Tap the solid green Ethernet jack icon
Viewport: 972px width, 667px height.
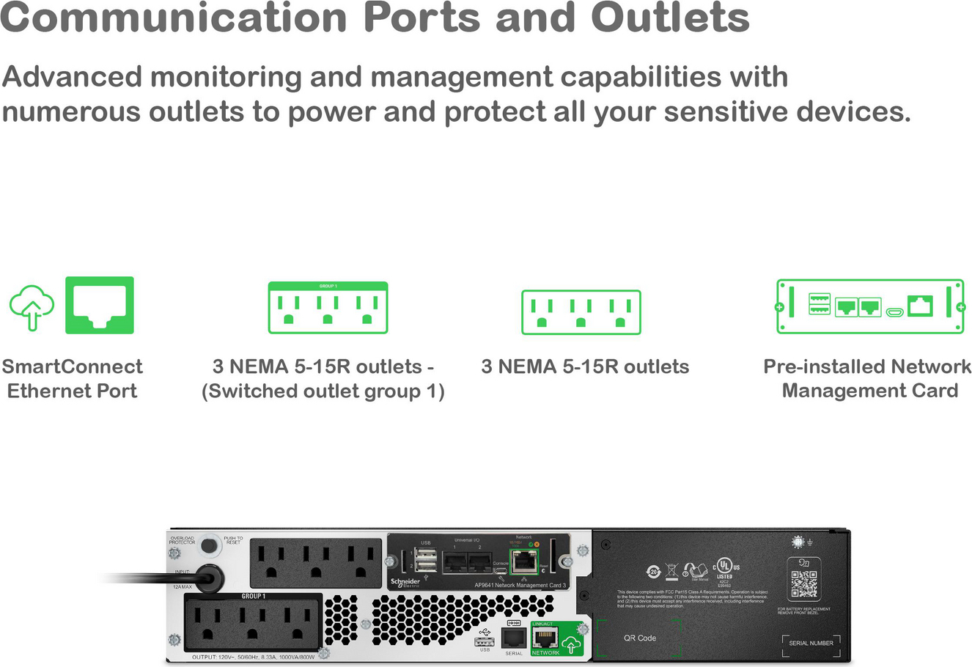click(x=100, y=305)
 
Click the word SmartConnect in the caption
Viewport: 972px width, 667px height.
click(x=72, y=366)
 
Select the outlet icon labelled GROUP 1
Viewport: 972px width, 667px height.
click(x=328, y=308)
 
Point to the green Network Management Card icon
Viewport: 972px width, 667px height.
click(x=869, y=306)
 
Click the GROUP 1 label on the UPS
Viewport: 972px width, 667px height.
click(x=254, y=596)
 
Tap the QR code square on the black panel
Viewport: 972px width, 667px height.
click(x=804, y=583)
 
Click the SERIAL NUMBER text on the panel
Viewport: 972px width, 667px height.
click(x=811, y=643)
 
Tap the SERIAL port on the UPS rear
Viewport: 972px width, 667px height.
click(x=514, y=637)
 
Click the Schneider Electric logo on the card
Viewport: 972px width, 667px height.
click(x=405, y=583)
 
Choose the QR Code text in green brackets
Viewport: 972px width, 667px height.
click(x=639, y=638)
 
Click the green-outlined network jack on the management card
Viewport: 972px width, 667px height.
click(x=523, y=561)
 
